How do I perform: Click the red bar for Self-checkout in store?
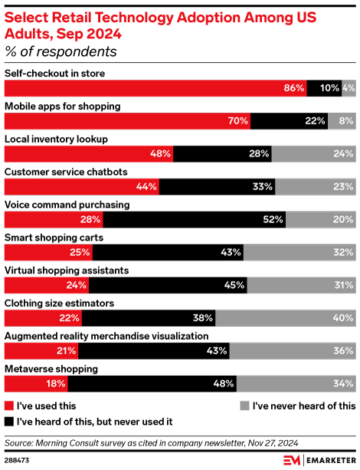153,88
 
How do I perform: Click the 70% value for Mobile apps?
237,121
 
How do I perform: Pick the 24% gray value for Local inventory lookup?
343,154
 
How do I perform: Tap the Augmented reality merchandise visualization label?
106,336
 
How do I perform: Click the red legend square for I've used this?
9,406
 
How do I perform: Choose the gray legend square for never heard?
245,406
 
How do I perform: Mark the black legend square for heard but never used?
9,421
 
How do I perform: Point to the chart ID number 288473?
20,459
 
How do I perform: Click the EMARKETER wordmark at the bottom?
329,459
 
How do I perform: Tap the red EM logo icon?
292,459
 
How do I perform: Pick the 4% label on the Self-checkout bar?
349,88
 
